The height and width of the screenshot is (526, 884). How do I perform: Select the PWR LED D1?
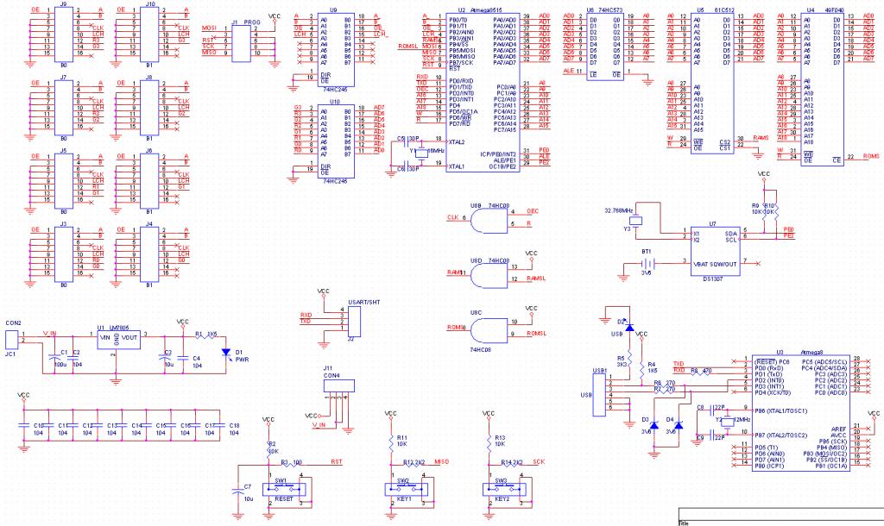tap(227, 352)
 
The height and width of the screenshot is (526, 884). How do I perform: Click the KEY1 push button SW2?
tap(403, 490)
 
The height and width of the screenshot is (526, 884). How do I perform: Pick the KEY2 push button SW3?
tap(502, 490)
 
